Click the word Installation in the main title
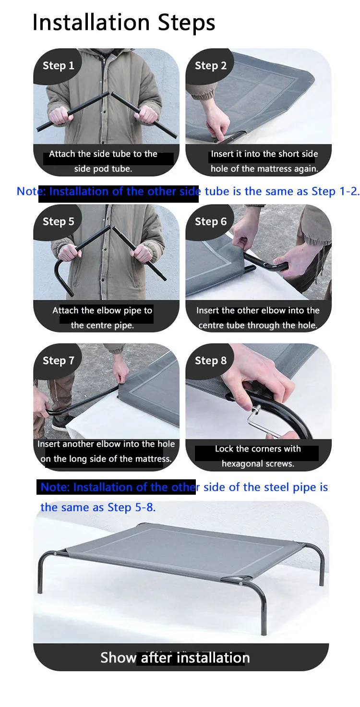pos(91,23)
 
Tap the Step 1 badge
pos(58,66)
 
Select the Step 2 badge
pos(210,66)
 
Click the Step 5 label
pos(58,221)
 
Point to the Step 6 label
pos(210,221)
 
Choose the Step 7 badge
pos(58,360)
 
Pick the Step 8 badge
pos(210,360)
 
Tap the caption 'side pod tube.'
pos(103,169)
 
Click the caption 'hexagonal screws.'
pos(258,463)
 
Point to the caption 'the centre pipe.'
pos(102,326)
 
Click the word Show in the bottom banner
pos(118,658)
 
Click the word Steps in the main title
pos(186,23)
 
